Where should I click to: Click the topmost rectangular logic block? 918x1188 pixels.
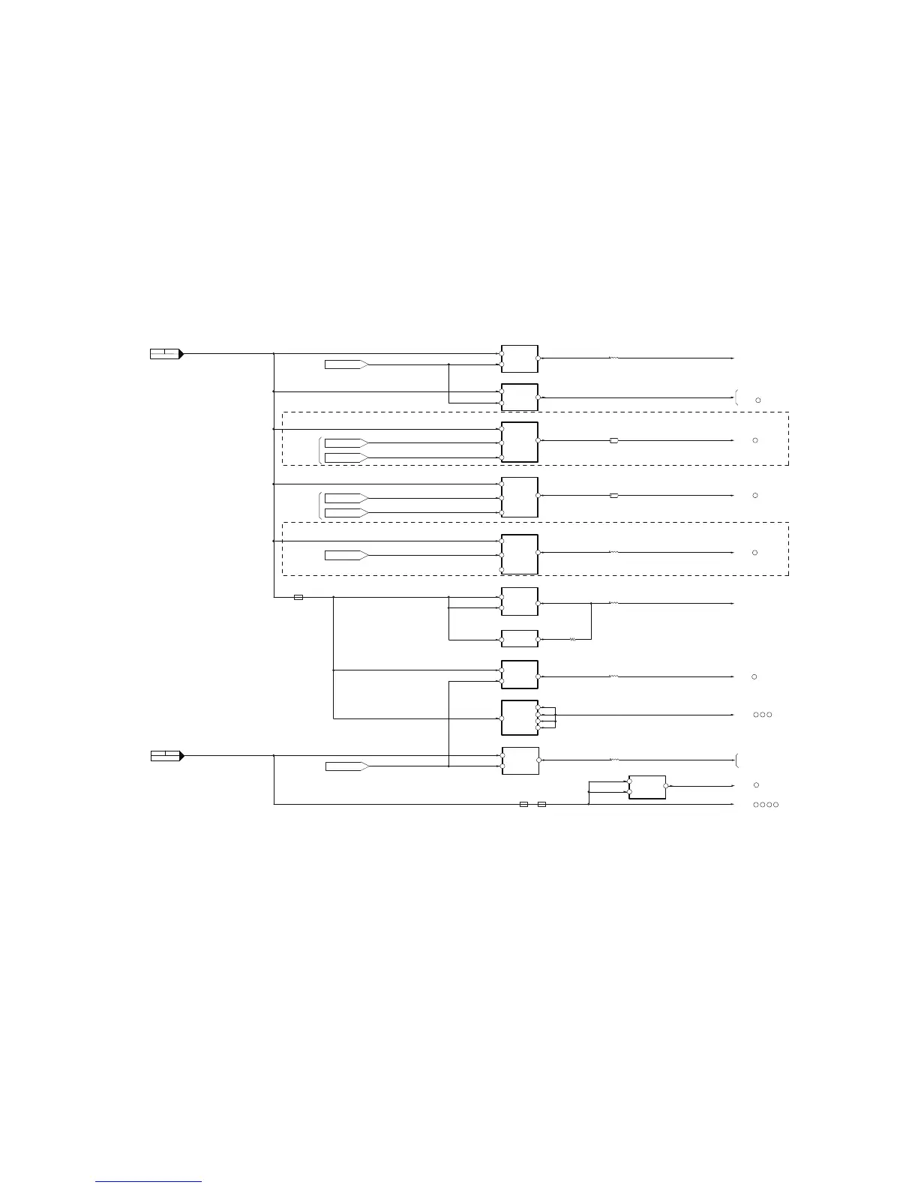520,358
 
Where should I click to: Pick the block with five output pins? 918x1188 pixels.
520,718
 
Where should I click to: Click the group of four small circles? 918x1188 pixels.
766,805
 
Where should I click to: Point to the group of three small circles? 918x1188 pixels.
763,715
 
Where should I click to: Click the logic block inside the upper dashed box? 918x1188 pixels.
520,442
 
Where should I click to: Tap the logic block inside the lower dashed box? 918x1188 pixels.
520,554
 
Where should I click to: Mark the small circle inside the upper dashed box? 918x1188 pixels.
755,440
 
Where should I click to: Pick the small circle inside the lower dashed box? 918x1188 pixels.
755,553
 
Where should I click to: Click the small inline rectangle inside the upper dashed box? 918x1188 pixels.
614,440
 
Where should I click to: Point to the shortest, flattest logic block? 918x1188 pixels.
520,639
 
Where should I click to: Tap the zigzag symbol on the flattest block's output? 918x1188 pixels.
572,640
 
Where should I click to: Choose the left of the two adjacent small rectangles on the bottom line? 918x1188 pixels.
524,805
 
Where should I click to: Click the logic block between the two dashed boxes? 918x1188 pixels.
520,497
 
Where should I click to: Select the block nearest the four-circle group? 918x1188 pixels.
647,787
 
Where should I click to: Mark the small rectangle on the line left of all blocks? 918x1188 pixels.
298,598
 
